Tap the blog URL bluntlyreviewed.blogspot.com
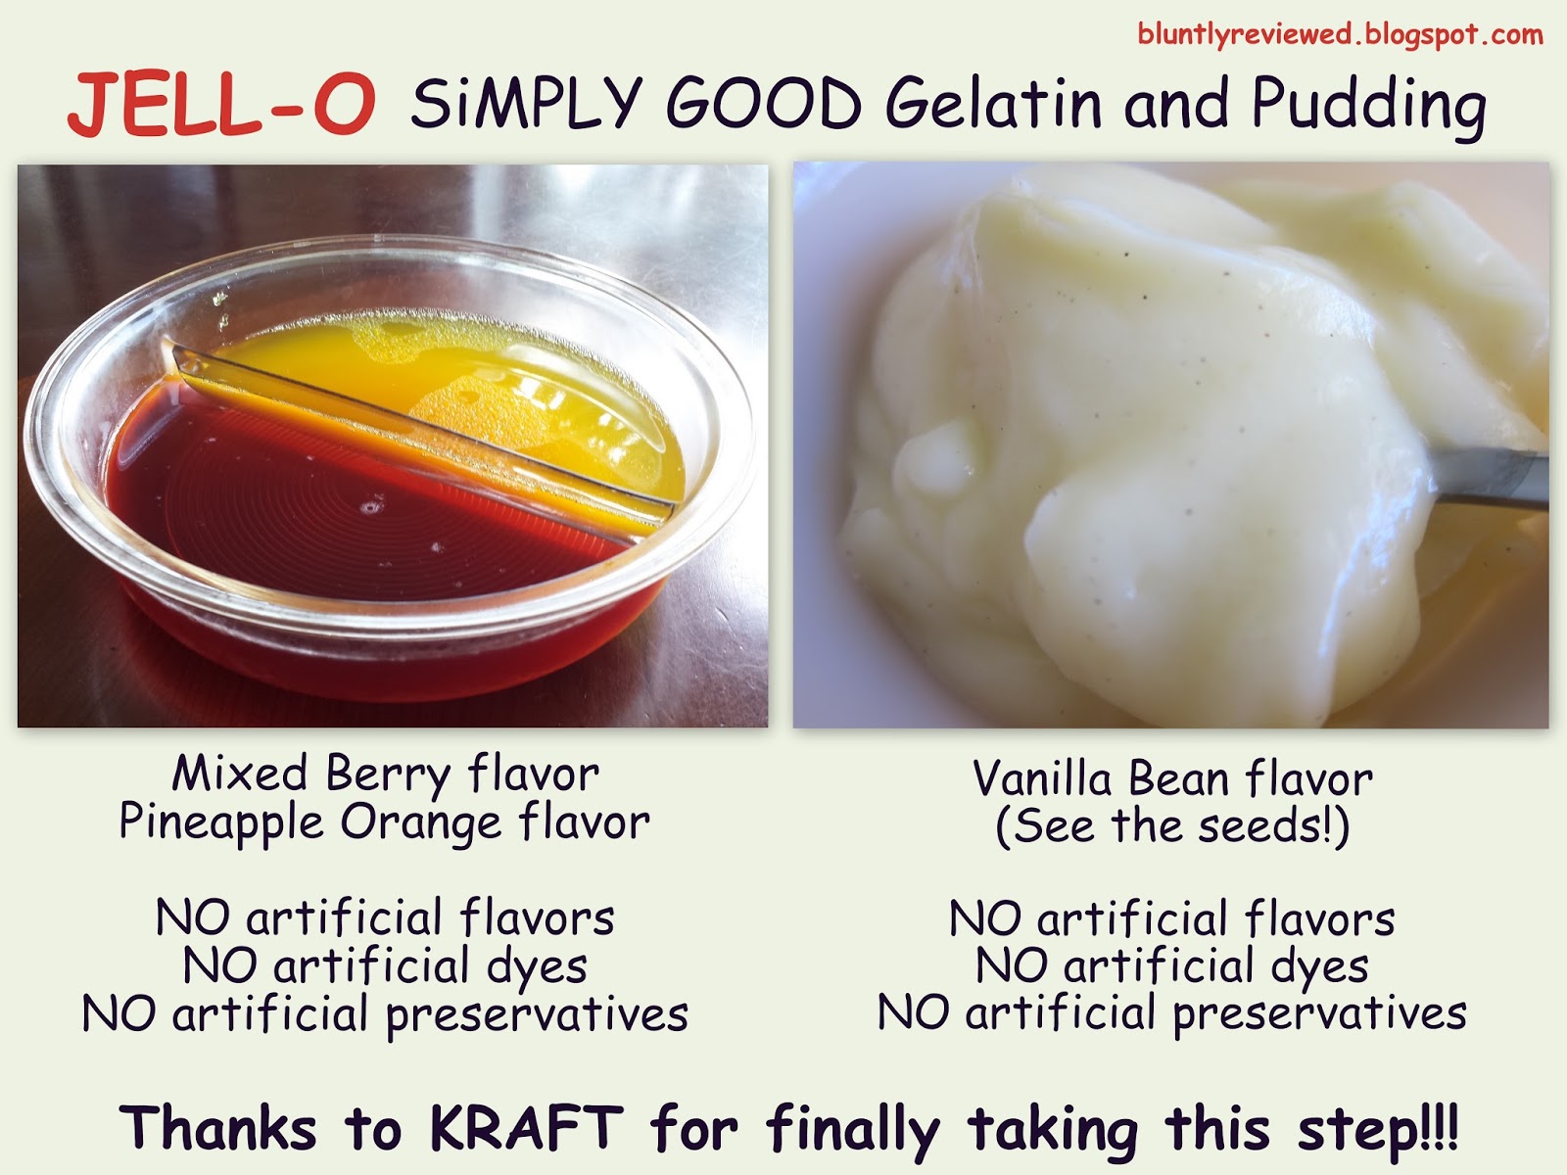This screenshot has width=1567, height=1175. tap(1340, 35)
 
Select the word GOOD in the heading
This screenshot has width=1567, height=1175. tap(763, 104)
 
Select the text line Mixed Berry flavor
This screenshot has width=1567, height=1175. tap(385, 774)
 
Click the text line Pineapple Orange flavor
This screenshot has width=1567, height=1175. tap(384, 822)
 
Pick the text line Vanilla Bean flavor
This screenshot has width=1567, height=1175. tap(1172, 779)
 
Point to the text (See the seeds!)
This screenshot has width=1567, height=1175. tap(1172, 826)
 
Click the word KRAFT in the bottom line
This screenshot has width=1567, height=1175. tap(526, 1128)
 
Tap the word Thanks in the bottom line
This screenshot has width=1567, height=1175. tap(218, 1128)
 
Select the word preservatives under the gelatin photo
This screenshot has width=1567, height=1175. tap(537, 1015)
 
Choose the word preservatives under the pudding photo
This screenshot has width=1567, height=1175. tap(1319, 1013)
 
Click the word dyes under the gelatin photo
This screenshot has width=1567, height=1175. tap(537, 967)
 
